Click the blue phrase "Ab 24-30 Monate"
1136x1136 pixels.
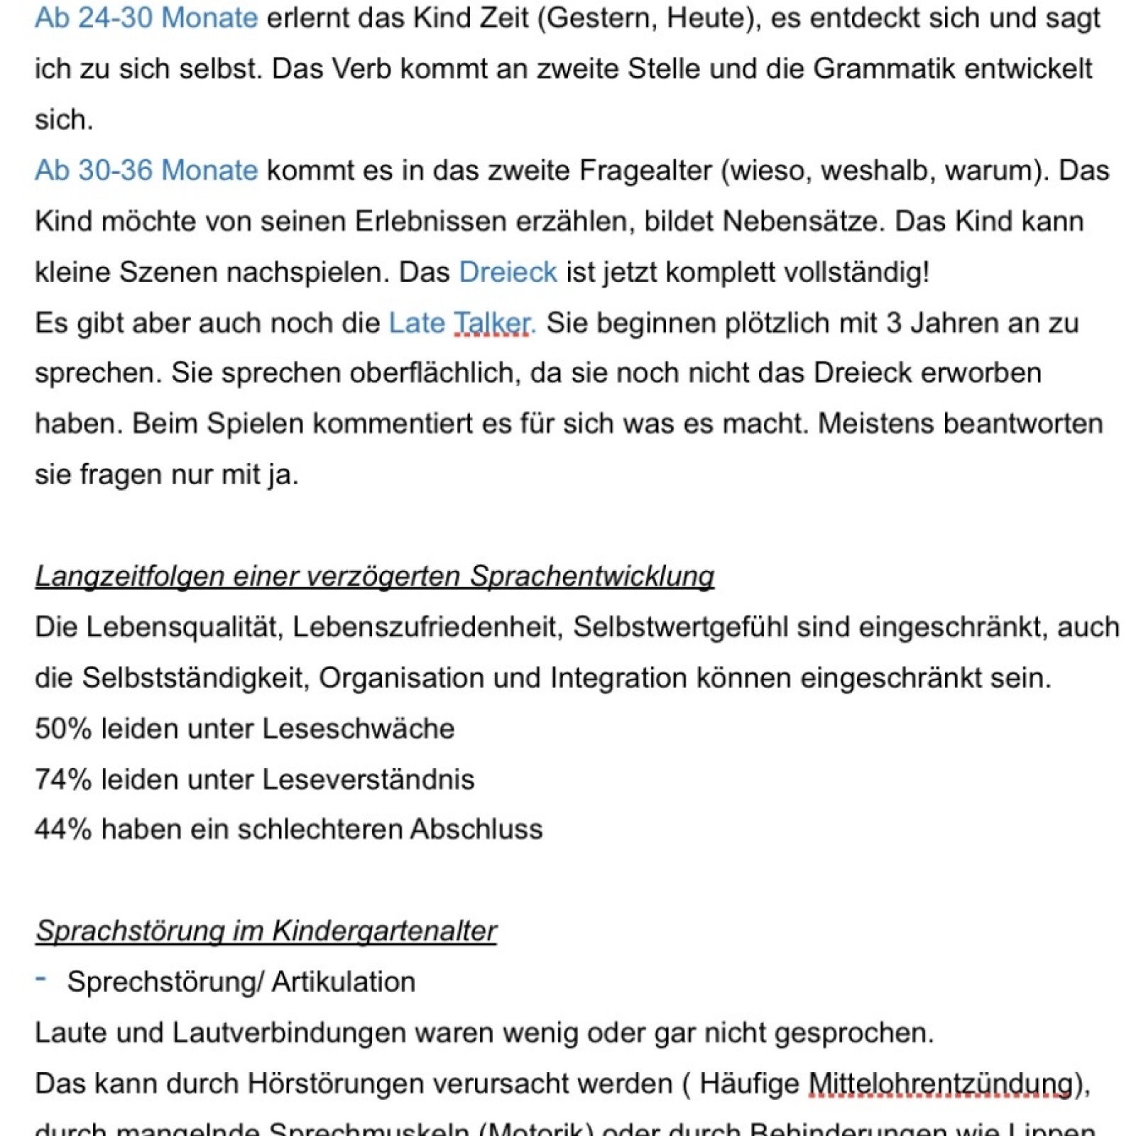tap(146, 18)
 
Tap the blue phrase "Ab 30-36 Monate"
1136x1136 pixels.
tap(146, 170)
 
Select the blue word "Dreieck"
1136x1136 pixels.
tap(508, 273)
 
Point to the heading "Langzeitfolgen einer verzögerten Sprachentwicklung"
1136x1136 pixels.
tap(374, 577)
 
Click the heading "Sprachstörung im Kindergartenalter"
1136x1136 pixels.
tap(266, 931)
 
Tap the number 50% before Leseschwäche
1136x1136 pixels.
tap(63, 729)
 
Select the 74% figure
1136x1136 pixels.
tap(63, 780)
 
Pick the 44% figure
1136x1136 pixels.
tap(63, 830)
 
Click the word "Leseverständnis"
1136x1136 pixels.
tap(368, 780)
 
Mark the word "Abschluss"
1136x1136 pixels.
tap(476, 830)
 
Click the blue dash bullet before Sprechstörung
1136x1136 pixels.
tap(41, 979)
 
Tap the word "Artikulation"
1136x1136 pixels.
tap(344, 983)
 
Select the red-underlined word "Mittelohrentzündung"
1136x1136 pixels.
tap(940, 1084)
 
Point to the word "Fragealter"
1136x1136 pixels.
tap(645, 170)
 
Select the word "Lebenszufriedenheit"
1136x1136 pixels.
tap(428, 628)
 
